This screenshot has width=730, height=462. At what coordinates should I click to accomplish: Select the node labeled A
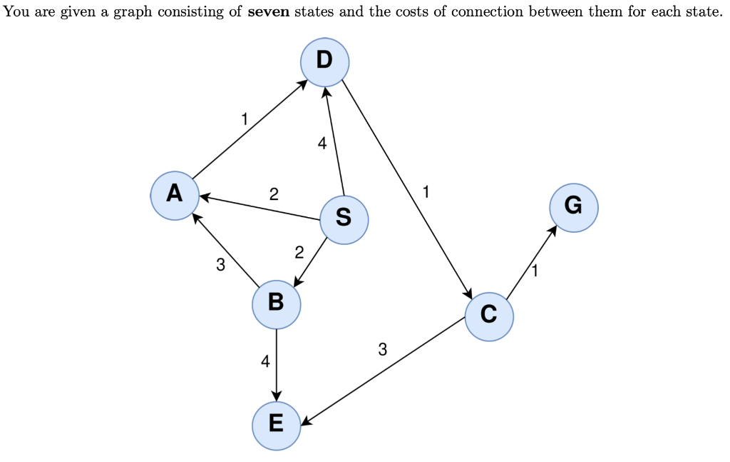pyautogui.click(x=175, y=195)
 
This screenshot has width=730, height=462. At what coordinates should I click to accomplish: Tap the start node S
pyautogui.click(x=344, y=219)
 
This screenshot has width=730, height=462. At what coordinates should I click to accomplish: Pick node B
pyautogui.click(x=276, y=304)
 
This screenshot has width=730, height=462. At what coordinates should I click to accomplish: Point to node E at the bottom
pyautogui.click(x=276, y=425)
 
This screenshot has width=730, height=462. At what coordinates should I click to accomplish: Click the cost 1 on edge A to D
pyautogui.click(x=245, y=119)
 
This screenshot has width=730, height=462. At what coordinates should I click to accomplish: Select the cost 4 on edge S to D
pyautogui.click(x=322, y=144)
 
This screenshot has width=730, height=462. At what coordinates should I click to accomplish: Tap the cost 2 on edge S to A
pyautogui.click(x=274, y=194)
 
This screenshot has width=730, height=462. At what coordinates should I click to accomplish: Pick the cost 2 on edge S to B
pyautogui.click(x=299, y=252)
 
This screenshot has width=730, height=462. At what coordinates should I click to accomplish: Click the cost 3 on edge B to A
pyautogui.click(x=220, y=266)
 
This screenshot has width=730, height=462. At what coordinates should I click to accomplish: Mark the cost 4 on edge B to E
pyautogui.click(x=265, y=361)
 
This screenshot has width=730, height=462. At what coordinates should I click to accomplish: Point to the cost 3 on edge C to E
pyautogui.click(x=383, y=350)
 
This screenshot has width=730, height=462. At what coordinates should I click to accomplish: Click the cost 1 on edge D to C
pyautogui.click(x=426, y=191)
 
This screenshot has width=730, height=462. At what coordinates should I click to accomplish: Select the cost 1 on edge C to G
pyautogui.click(x=535, y=270)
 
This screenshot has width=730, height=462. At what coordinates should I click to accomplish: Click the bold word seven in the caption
pyautogui.click(x=268, y=16)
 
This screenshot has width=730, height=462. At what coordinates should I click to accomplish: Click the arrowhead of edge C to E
pyautogui.click(x=305, y=421)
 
